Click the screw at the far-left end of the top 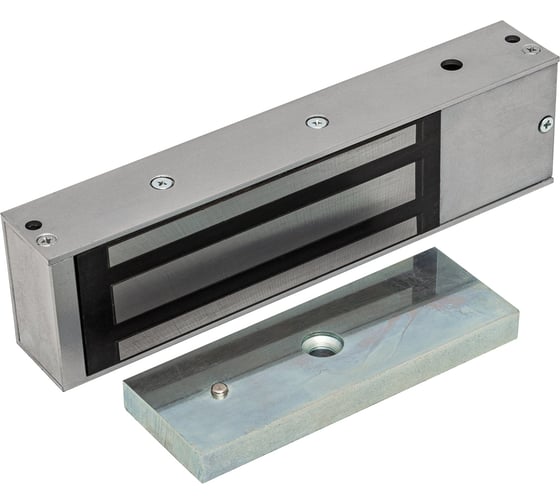45,240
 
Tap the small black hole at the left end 32,225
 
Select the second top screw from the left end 161,183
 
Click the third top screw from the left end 317,122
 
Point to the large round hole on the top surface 452,65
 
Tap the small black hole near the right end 511,39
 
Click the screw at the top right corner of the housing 531,49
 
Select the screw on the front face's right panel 545,124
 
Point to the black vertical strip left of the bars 92,310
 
